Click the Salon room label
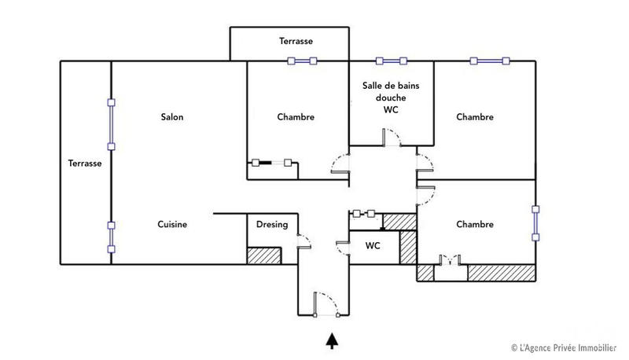coord(172,117)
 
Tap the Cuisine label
coord(171,225)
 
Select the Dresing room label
coord(272,225)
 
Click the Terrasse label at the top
coord(296,40)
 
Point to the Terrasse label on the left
coord(84,163)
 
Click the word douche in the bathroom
coord(391,97)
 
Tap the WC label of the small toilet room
coord(373,246)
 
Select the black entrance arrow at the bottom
coord(333,340)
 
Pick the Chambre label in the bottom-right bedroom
coord(475,225)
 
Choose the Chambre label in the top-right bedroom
coord(475,117)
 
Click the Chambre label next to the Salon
coord(296,117)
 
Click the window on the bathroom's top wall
coord(392,61)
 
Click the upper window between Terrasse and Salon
coord(112,124)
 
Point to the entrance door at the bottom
coord(326,305)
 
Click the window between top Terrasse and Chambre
coord(301,61)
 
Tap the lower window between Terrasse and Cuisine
coord(112,237)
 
